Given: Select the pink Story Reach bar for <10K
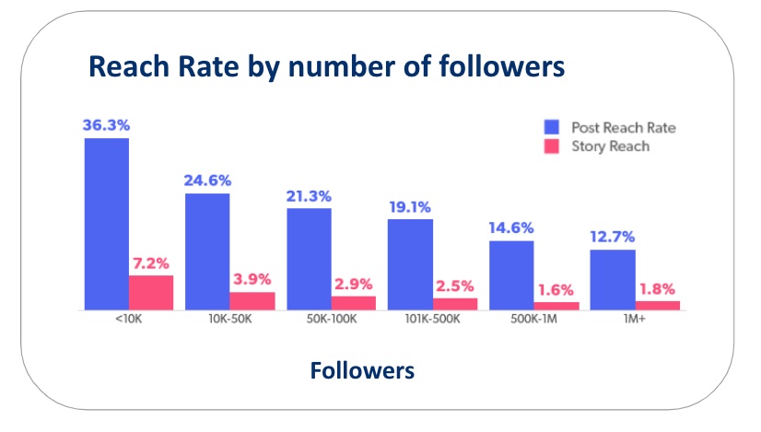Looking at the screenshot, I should [151, 293].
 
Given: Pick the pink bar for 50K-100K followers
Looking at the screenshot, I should [354, 303].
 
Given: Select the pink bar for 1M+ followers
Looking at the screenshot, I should [658, 305].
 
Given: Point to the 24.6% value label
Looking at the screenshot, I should [208, 181].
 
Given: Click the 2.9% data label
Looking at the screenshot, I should [354, 285].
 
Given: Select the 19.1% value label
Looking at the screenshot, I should [410, 207].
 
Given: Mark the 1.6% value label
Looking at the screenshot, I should [556, 290].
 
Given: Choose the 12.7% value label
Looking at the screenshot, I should [612, 238].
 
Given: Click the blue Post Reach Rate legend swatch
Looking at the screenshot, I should [553, 127].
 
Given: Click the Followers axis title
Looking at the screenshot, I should [362, 370].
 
